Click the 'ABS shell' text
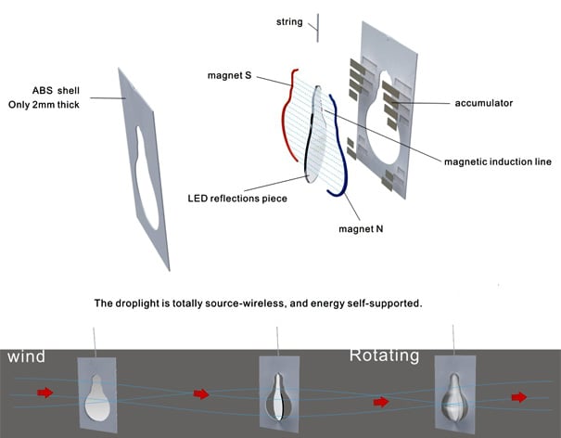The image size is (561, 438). (57, 92)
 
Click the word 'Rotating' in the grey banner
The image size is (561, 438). (384, 354)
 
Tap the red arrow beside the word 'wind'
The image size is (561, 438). (44, 393)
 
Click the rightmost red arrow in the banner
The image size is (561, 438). (519, 397)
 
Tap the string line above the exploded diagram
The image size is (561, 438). (317, 26)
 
